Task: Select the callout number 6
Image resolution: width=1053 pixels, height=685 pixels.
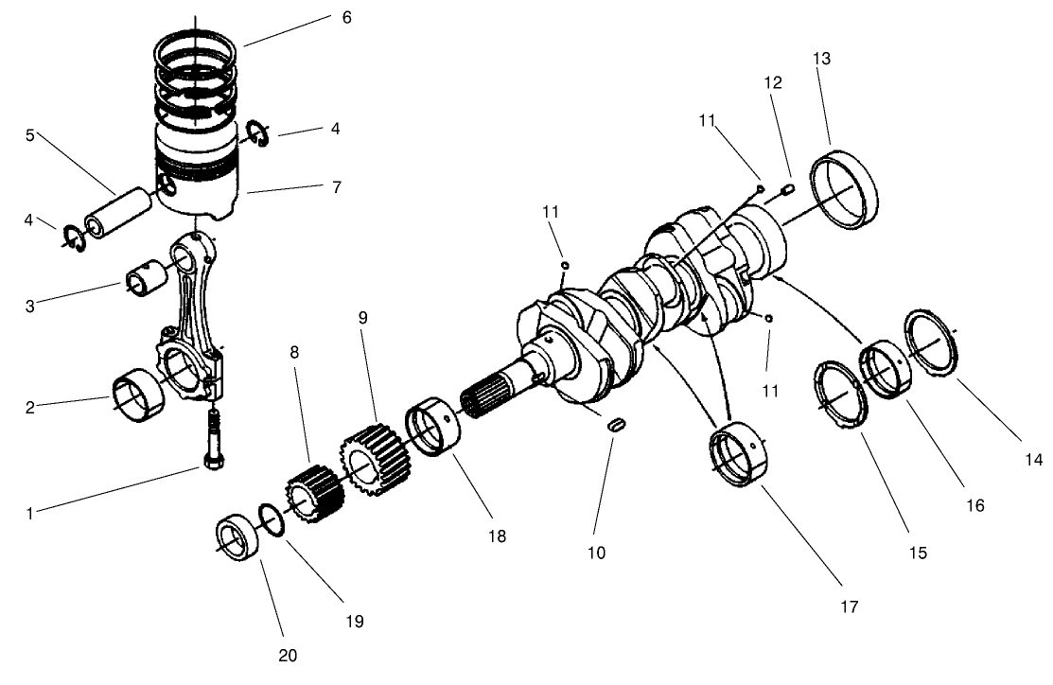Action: [x=346, y=17]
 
